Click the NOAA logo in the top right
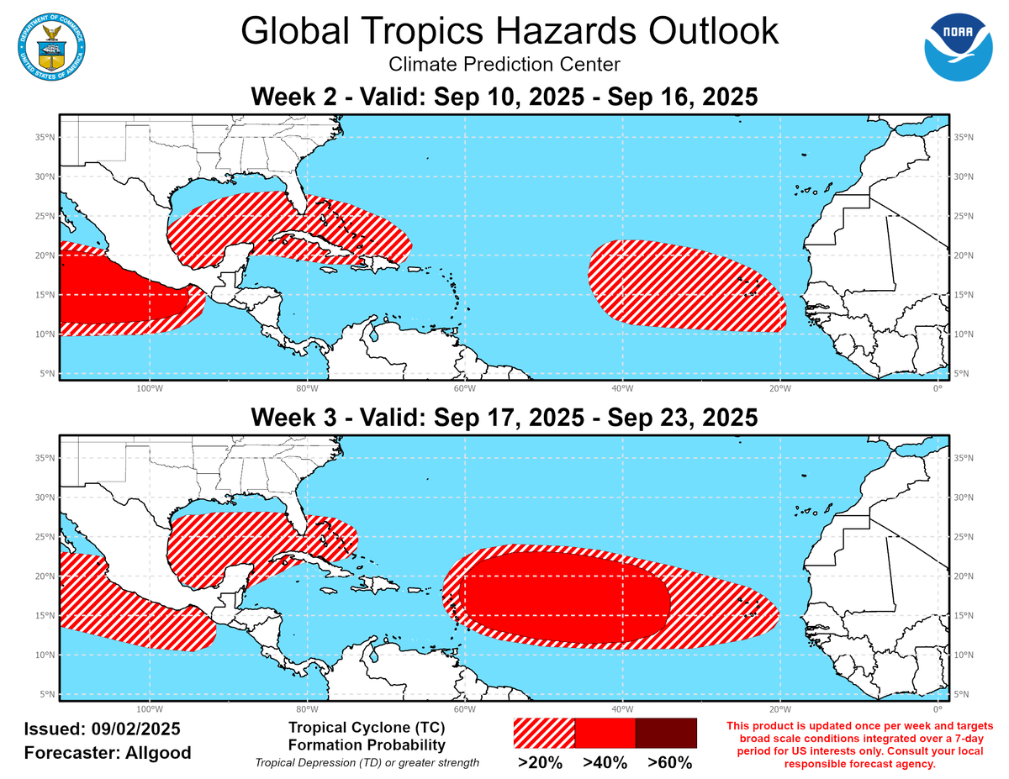tap(959, 47)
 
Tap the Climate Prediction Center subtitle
tap(504, 65)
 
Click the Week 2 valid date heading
tap(504, 97)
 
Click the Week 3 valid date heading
tap(504, 417)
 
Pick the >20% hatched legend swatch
tap(544, 733)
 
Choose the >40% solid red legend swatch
tap(605, 733)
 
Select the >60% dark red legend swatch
tap(666, 733)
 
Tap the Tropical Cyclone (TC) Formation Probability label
tap(367, 735)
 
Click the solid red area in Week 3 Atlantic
tap(563, 598)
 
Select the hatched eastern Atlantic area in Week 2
tap(685, 286)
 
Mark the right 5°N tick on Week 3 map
tap(963, 694)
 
